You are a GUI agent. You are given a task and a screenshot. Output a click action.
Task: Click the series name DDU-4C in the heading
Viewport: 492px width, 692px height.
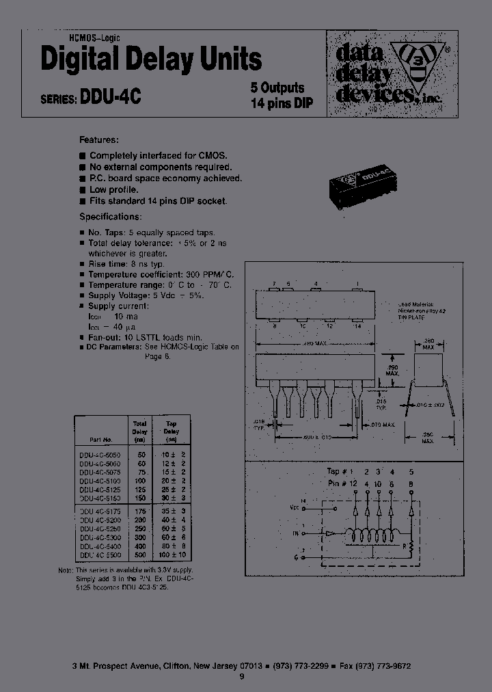click(x=110, y=97)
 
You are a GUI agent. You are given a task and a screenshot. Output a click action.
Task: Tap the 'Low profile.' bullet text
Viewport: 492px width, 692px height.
click(x=113, y=189)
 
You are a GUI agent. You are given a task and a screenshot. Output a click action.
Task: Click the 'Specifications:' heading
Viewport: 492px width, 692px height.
click(x=111, y=217)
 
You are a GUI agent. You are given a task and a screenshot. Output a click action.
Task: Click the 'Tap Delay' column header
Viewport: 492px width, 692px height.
click(x=172, y=427)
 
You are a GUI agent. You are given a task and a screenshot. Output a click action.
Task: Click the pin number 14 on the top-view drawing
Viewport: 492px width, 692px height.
click(x=357, y=326)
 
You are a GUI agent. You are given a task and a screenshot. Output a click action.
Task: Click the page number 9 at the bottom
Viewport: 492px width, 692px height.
click(x=241, y=677)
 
